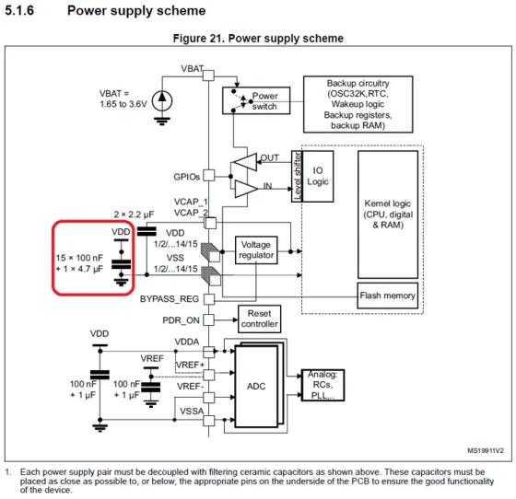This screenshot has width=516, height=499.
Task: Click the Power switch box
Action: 256,100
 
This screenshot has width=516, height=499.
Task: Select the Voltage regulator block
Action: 256,249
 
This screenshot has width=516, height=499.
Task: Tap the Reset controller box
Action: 259,319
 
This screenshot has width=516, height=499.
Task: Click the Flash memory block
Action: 388,296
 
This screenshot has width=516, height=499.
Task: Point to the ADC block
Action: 256,387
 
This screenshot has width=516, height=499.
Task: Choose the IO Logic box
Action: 318,176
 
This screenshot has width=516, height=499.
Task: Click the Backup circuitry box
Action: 358,104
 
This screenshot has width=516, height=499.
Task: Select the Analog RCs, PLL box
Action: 322,385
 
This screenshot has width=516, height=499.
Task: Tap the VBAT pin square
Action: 208,75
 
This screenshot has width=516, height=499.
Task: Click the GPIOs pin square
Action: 208,175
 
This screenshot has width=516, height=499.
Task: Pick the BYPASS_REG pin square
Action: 209,299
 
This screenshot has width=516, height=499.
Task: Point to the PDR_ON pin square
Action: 208,319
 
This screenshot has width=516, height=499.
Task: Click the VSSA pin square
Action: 208,421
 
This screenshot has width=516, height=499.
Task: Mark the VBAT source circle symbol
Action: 162,101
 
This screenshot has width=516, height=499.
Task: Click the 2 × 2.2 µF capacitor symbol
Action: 147,231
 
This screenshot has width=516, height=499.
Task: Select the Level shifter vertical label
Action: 297,176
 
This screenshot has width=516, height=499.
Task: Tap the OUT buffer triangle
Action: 244,162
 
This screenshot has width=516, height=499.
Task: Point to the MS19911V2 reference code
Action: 486,451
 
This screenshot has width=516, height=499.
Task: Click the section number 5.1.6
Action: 19,10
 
